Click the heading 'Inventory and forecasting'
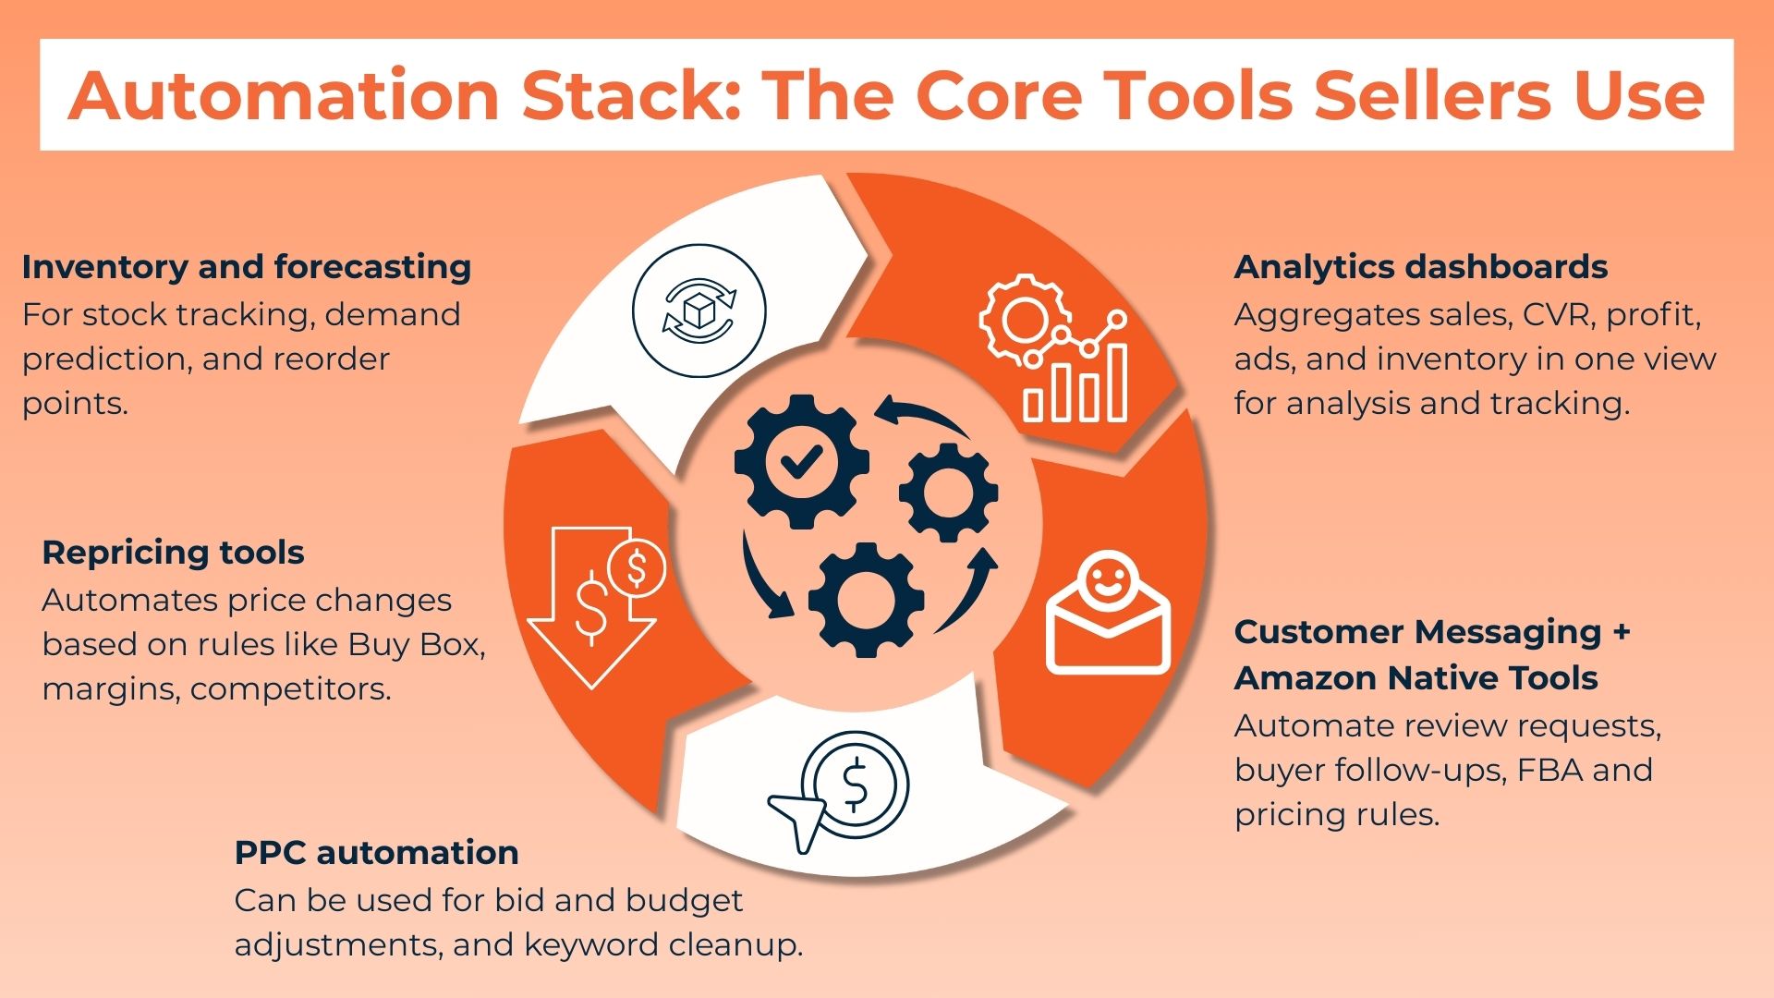point(247,267)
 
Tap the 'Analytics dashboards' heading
point(1420,267)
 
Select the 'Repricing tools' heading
point(173,553)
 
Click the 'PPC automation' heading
point(376,852)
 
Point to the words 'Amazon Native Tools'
point(1416,678)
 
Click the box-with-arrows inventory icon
point(699,311)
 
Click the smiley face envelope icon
point(1107,615)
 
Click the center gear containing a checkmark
point(801,461)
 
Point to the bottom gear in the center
point(866,600)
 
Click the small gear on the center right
point(948,492)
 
